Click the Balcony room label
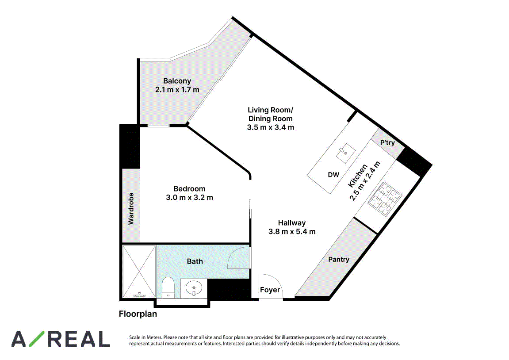pos(177,81)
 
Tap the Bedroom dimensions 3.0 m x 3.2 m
pos(190,197)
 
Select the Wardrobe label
pos(131,209)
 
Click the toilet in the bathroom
pos(168,287)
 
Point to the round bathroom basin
pos(194,288)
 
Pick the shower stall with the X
pos(139,272)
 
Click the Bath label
pos(195,261)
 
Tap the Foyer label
pos(270,290)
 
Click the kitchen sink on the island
pos(345,153)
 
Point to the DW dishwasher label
pos(333,175)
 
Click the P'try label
pos(387,143)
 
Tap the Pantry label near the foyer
pos(339,259)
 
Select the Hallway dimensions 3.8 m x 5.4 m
pos(292,231)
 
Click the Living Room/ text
pos(270,110)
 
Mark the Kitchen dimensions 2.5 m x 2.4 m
pos(364,181)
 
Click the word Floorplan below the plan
pos(138,314)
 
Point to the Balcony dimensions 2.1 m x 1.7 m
pos(177,90)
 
